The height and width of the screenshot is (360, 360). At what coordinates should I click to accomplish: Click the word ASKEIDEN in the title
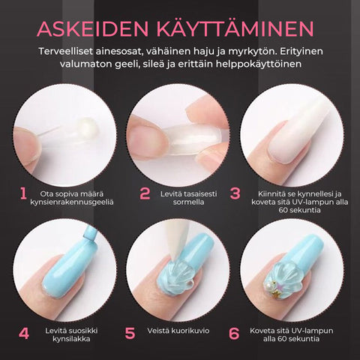pyautogui.click(x=93, y=29)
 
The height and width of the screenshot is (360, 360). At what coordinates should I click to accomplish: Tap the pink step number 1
pyautogui.click(x=23, y=193)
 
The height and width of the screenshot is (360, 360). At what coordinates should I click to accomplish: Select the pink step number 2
pyautogui.click(x=145, y=193)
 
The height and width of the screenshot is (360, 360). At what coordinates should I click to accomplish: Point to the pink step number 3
pyautogui.click(x=235, y=193)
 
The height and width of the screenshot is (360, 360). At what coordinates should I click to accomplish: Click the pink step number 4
pyautogui.click(x=24, y=333)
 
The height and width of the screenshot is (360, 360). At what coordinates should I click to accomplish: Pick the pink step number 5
pyautogui.click(x=130, y=333)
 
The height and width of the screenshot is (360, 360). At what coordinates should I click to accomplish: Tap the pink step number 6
pyautogui.click(x=234, y=333)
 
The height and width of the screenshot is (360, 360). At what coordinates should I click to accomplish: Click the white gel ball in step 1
pyautogui.click(x=88, y=127)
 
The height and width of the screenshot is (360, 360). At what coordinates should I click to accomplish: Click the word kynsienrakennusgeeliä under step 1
pyautogui.click(x=72, y=202)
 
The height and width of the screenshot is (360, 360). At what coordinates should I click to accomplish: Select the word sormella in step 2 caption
pyautogui.click(x=188, y=202)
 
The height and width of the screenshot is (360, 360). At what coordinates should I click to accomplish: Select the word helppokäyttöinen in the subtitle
pyautogui.click(x=259, y=64)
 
